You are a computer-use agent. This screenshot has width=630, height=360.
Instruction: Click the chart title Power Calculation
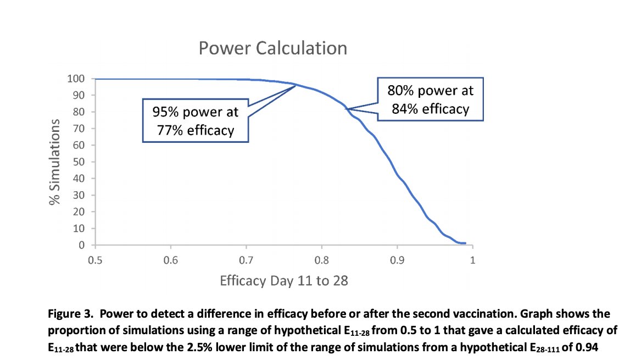pos(272,48)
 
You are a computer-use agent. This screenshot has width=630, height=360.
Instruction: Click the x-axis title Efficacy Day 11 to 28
pos(284,280)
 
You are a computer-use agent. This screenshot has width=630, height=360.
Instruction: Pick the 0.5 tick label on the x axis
pos(95,259)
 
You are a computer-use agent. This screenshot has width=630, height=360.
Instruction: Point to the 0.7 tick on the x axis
pos(246,259)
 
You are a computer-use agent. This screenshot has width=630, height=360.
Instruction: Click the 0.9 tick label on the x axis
pos(397,259)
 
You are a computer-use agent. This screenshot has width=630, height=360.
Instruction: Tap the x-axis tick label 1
pos(472,259)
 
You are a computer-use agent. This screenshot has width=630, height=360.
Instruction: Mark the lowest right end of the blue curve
pos(465,243)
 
